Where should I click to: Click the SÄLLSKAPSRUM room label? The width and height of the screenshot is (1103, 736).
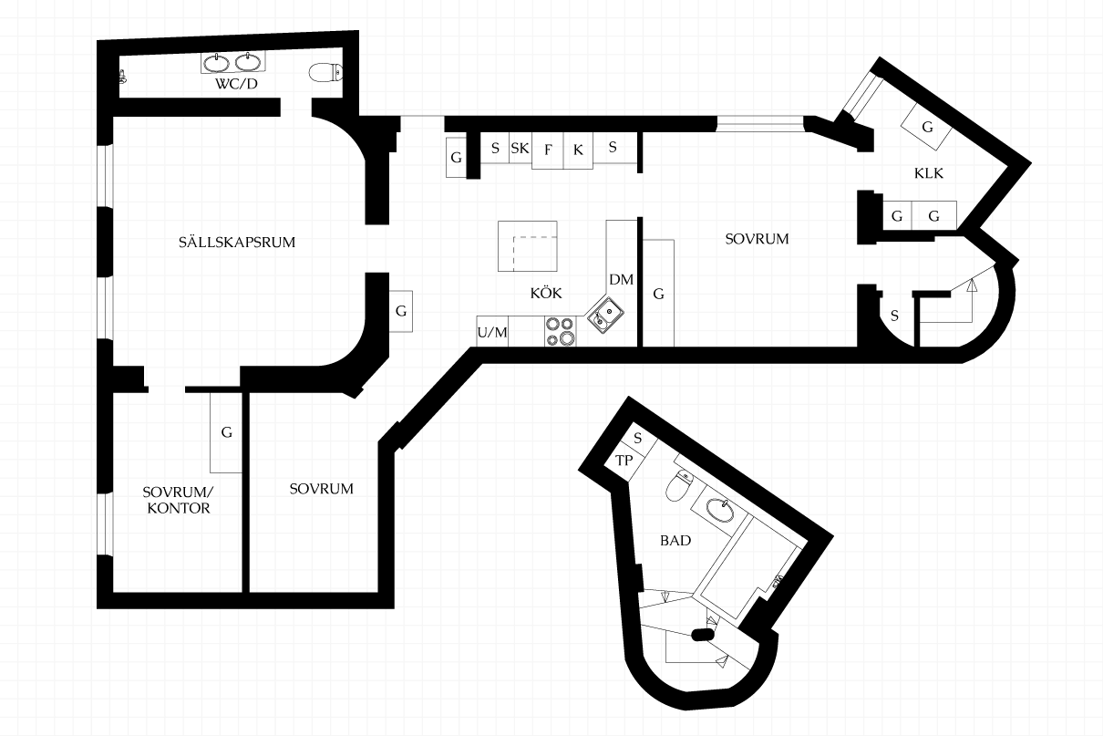237,242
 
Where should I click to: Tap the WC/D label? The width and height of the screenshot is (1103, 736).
236,84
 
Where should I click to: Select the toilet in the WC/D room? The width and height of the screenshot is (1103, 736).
325,73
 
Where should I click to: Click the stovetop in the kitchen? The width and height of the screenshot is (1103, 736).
561,331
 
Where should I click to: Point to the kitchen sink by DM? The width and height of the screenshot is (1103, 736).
605,315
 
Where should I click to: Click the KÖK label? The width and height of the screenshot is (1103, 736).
546,293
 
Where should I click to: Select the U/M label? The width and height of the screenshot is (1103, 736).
492,333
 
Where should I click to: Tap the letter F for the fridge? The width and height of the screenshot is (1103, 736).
548,150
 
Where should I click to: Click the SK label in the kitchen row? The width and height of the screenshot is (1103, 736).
520,148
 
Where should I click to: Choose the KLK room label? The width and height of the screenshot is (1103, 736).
929,173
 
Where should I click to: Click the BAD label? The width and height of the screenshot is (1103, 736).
675,541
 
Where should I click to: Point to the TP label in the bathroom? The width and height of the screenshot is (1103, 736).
624,461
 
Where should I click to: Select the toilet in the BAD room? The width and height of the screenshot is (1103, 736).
679,485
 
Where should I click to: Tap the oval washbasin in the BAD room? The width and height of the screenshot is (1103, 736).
720,510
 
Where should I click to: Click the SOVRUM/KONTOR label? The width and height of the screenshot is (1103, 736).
179,500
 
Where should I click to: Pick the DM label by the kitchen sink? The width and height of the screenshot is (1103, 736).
621,279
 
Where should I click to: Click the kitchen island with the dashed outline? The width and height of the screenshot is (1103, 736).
528,246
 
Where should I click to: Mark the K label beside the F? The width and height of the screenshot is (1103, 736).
578,150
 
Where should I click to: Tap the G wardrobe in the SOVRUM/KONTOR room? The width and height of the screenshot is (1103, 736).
226,432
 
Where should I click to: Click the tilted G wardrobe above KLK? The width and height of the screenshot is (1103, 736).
926,127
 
